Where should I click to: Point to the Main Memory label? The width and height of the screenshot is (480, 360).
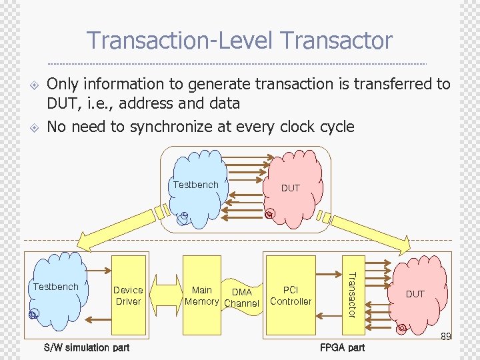(x=202, y=295)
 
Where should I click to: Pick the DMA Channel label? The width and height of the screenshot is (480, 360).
(x=241, y=297)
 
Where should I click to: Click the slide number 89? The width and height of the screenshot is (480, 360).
(x=446, y=337)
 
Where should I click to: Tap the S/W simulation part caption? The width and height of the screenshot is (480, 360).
(x=87, y=347)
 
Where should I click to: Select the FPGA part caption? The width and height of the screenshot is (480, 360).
(x=343, y=347)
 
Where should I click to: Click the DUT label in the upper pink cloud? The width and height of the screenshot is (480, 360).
(x=291, y=188)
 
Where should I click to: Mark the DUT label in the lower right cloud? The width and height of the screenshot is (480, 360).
(x=415, y=294)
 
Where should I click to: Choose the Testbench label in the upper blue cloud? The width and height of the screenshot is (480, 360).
(x=195, y=185)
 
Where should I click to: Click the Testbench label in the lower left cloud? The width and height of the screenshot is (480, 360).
(x=55, y=287)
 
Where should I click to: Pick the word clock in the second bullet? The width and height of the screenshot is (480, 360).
(x=304, y=127)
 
